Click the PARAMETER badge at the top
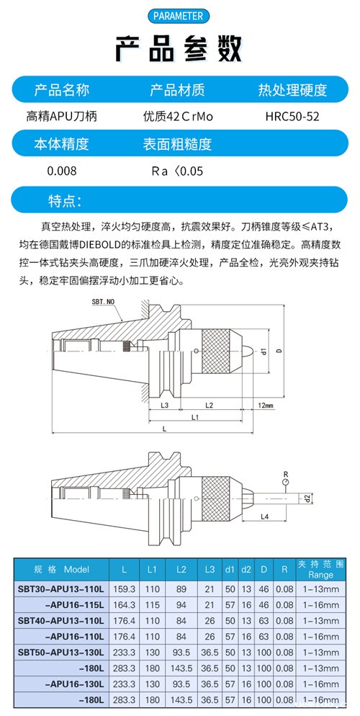point(179,16)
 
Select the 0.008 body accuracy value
point(61,171)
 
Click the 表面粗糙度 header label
point(178,144)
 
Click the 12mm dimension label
point(265,406)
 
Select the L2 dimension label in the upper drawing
point(209,406)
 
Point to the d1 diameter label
point(264,353)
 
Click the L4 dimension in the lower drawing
point(264,517)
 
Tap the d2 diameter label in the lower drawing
point(307,498)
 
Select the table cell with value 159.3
point(125,589)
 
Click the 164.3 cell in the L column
point(125,604)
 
